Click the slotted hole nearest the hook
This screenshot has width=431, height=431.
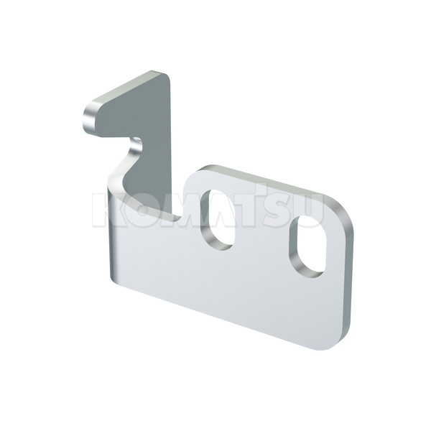coord(218,219)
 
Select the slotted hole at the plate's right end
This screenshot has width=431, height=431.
coord(307,246)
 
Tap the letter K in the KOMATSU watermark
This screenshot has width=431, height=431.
coord(106,210)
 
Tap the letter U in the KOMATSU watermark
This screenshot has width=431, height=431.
coord(308,210)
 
